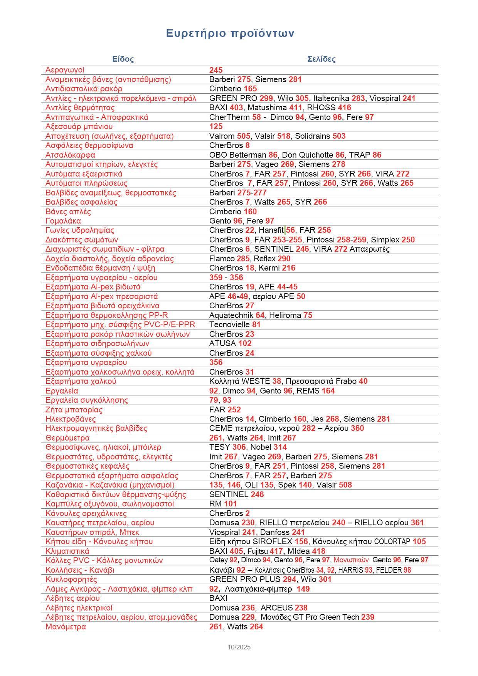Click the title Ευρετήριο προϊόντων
click(x=230, y=34)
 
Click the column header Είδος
click(x=123, y=59)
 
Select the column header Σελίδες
click(x=321, y=59)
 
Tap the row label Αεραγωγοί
click(x=65, y=70)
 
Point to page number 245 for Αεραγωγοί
click(x=216, y=70)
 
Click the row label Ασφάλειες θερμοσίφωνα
click(x=89, y=145)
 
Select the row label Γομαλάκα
click(x=63, y=221)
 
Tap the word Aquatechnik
click(x=231, y=315)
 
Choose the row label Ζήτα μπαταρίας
click(x=74, y=410)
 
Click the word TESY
click(x=219, y=447)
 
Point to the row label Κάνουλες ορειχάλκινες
click(x=86, y=513)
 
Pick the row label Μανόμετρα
click(x=66, y=627)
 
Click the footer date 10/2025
click(x=239, y=647)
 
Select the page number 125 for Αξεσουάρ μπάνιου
click(x=216, y=126)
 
